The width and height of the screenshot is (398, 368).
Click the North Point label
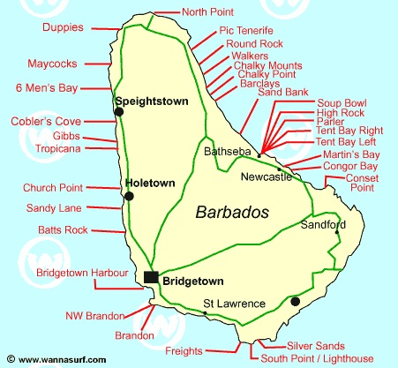(208, 12)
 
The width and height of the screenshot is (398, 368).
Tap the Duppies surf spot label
(63, 27)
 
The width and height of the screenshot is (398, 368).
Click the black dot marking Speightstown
(118, 111)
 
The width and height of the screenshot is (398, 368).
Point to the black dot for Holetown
(130, 194)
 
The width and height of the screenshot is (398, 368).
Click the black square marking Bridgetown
(151, 278)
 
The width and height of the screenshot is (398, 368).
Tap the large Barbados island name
(232, 212)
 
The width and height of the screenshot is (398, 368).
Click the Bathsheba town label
(228, 152)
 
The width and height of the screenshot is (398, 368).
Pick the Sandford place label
(319, 224)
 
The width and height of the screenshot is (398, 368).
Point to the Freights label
(184, 351)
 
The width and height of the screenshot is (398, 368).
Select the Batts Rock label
(63, 230)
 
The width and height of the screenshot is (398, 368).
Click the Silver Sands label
(310, 345)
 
